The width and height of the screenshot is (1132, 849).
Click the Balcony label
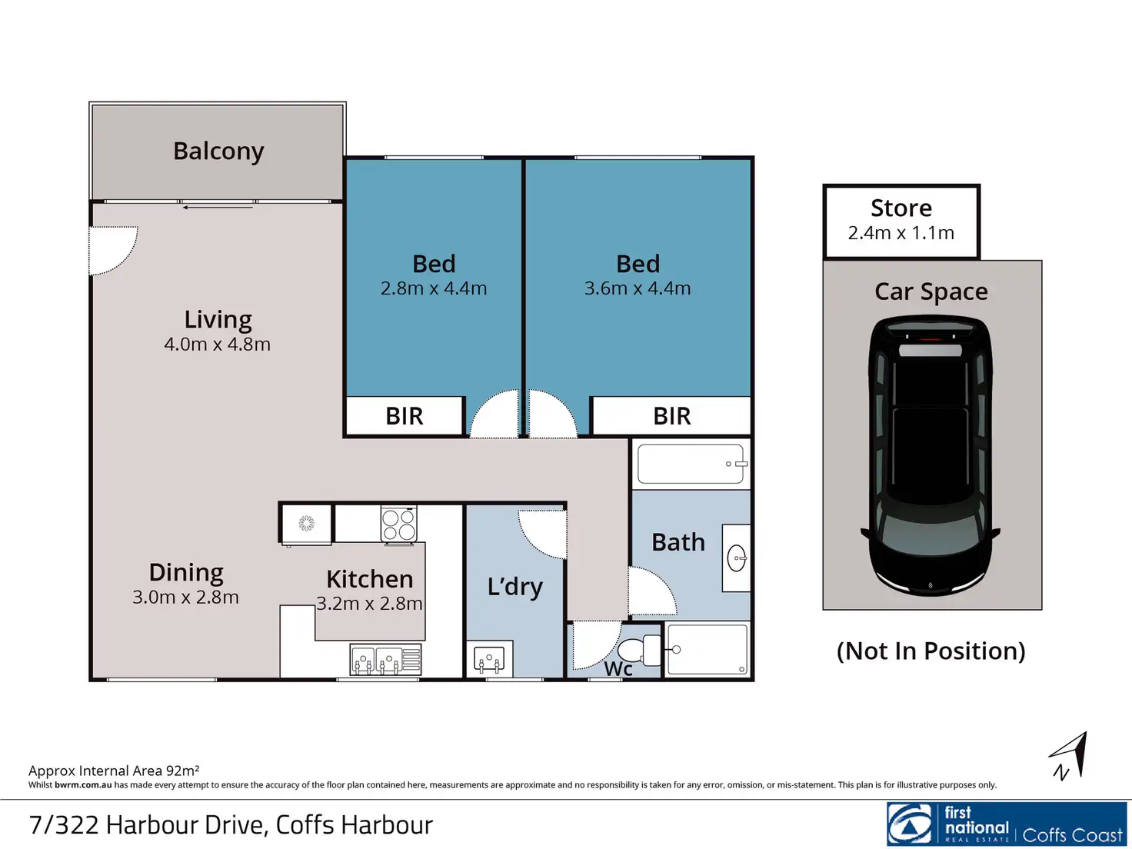click(x=218, y=151)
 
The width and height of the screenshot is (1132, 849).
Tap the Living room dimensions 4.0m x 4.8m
click(x=217, y=345)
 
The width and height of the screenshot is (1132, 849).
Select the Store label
click(x=901, y=208)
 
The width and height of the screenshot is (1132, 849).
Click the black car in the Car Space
click(x=931, y=455)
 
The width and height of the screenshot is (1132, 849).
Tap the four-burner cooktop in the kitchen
click(x=398, y=524)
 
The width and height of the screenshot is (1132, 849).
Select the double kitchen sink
click(x=386, y=659)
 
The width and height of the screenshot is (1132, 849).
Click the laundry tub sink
click(x=489, y=658)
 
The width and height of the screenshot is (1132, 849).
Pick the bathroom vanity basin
click(x=737, y=558)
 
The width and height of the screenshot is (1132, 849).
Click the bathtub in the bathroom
click(x=691, y=464)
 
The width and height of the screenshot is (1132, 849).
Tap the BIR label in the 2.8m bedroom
click(x=405, y=416)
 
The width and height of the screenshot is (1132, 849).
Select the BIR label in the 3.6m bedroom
click(x=672, y=416)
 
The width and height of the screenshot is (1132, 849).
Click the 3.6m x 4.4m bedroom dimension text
click(x=638, y=288)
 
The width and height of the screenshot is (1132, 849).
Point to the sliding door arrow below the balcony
click(x=218, y=208)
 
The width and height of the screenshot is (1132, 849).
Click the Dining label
click(x=186, y=573)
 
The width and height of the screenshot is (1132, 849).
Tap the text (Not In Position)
click(x=931, y=651)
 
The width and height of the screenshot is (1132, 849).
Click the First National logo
click(x=1007, y=824)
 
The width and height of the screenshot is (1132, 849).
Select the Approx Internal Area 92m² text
click(x=114, y=771)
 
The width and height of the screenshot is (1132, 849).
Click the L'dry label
click(x=515, y=587)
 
